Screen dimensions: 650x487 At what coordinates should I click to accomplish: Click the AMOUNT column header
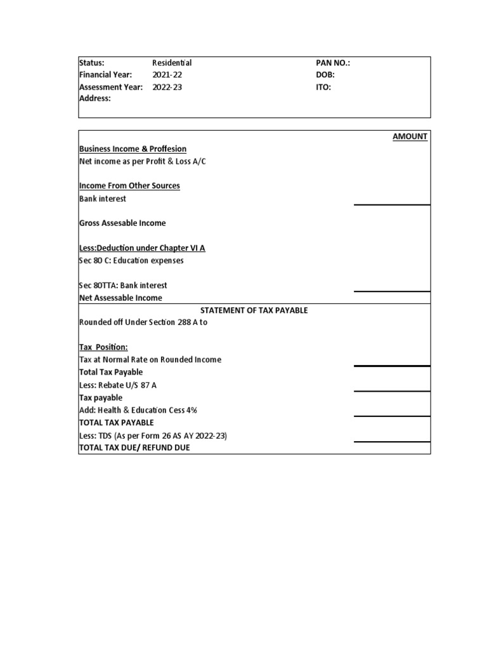click(410, 136)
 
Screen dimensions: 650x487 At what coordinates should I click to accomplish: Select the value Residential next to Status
click(172, 63)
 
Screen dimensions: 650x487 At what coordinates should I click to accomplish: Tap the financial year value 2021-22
click(167, 75)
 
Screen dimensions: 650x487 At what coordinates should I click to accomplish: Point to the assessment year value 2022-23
click(167, 87)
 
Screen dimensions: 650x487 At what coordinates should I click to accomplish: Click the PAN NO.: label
click(333, 63)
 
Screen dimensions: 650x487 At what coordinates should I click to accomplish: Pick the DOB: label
click(325, 75)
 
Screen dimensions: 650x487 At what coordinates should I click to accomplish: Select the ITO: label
click(323, 87)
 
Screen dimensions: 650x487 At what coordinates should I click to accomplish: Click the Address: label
click(95, 99)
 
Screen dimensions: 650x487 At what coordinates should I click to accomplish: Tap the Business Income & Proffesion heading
click(133, 149)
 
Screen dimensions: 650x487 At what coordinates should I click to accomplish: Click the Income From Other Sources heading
click(129, 186)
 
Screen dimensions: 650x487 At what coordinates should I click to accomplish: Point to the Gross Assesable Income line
click(122, 223)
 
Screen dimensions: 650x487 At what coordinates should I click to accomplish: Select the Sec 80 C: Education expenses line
click(132, 260)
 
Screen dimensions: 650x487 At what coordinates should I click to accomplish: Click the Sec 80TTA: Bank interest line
click(123, 286)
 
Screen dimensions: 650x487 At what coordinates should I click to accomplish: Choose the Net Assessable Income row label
click(120, 298)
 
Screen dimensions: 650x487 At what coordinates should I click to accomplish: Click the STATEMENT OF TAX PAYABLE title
click(254, 310)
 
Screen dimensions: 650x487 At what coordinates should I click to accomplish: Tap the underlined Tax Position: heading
click(103, 347)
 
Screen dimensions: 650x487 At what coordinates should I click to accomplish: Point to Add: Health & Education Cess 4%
click(138, 410)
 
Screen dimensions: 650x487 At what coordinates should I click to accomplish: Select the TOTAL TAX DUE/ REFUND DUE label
click(134, 448)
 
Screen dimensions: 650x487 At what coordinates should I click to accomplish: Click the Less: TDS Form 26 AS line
click(153, 435)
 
